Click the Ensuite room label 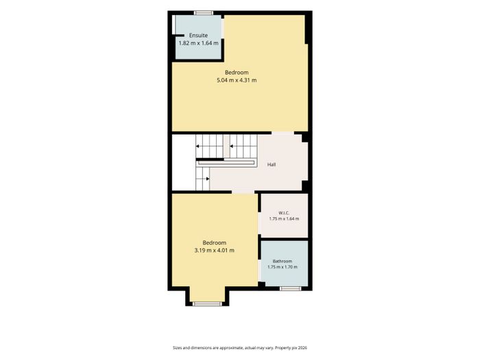(198, 35)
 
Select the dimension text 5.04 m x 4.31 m (237, 80)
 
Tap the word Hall (272, 165)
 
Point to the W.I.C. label (284, 213)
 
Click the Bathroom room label (283, 261)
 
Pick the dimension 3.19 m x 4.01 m (214, 250)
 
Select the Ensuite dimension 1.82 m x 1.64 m (198, 43)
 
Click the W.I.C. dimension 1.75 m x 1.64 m (284, 219)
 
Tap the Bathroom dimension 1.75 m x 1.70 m (283, 267)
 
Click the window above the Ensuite (204, 13)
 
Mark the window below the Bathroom (291, 289)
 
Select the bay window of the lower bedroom (207, 304)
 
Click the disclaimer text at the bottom (240, 348)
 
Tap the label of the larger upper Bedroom (237, 73)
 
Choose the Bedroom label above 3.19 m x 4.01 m (214, 243)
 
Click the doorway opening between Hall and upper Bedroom (283, 133)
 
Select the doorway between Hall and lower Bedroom (243, 192)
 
